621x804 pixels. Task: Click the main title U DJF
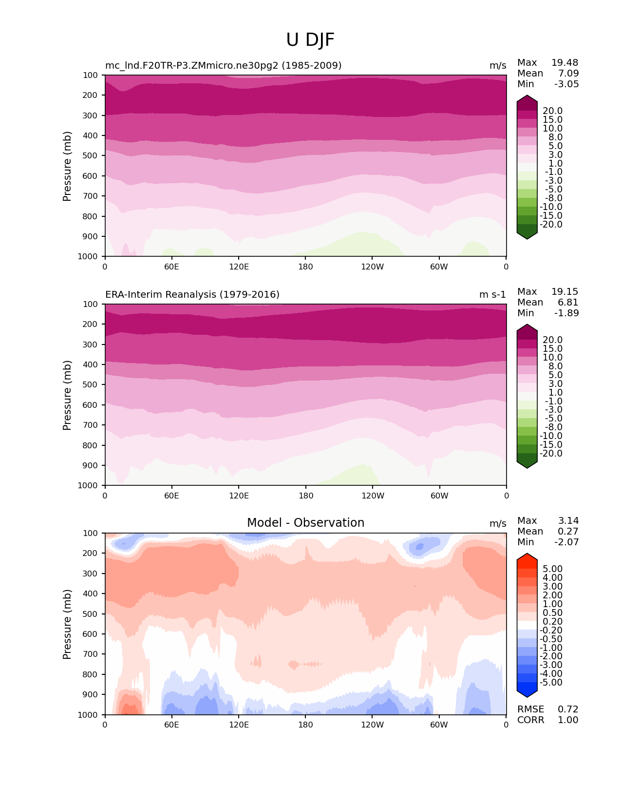tap(310, 40)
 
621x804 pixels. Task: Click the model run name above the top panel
tap(223, 66)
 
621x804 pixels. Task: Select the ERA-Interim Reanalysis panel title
tap(192, 295)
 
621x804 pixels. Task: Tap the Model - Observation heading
tap(305, 523)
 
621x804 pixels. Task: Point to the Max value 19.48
tap(565, 63)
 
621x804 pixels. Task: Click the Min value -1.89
tap(566, 313)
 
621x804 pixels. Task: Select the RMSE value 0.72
tap(568, 709)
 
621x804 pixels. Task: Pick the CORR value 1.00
tap(568, 720)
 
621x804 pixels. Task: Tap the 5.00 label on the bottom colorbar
tap(553, 569)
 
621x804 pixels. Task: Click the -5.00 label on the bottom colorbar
tap(551, 683)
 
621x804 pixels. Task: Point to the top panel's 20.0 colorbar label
tap(553, 111)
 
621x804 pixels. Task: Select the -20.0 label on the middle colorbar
tap(551, 454)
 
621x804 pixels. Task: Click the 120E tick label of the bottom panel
tap(239, 725)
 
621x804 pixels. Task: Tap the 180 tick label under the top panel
tap(305, 267)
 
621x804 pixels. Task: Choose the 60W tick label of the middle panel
tap(439, 496)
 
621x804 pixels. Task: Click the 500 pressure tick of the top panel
tap(91, 156)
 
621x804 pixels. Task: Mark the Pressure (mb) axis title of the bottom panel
tap(67, 624)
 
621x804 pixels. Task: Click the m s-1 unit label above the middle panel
tap(492, 295)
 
